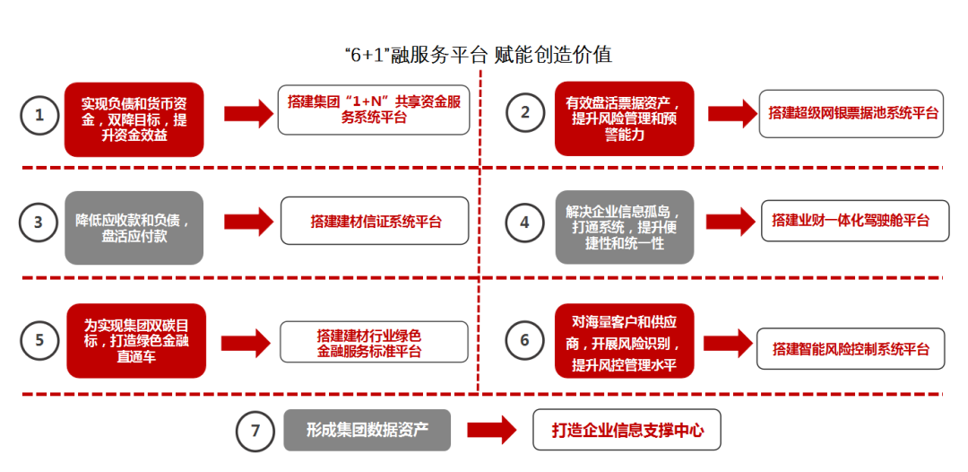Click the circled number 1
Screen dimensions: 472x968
(x=39, y=116)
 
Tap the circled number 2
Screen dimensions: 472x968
(x=525, y=112)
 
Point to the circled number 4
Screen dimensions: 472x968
(x=525, y=223)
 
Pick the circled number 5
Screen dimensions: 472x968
(x=39, y=340)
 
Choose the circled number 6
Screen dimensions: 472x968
(x=525, y=340)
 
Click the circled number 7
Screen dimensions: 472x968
(x=255, y=431)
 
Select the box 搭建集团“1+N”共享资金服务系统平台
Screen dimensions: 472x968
(x=374, y=111)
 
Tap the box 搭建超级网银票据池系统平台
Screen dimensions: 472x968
(x=851, y=113)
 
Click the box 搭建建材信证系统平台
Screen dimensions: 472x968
(x=376, y=222)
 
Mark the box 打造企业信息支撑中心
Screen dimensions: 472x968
(x=627, y=431)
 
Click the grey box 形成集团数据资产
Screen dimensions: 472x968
(x=367, y=430)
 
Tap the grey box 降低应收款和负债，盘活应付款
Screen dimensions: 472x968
(x=134, y=227)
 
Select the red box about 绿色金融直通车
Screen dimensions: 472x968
(x=136, y=340)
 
